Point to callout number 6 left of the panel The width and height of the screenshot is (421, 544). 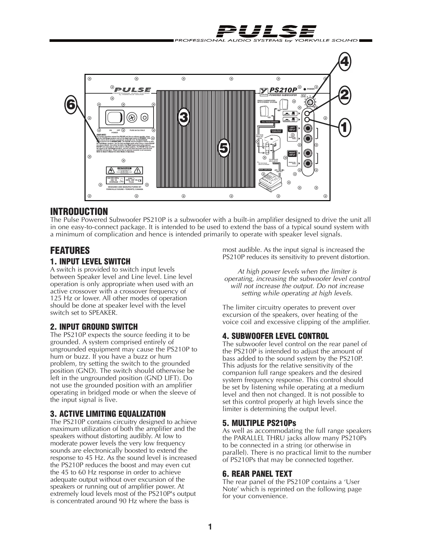pyautogui.click(x=70, y=105)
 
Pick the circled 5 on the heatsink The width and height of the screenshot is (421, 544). pyautogui.click(x=224, y=148)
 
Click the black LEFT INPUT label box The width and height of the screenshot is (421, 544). pyautogui.click(x=292, y=128)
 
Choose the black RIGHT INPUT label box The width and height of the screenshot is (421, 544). pyautogui.click(x=292, y=154)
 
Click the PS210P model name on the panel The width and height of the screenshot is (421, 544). pyautogui.click(x=283, y=90)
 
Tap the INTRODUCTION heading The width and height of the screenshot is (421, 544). pyautogui.click(x=79, y=211)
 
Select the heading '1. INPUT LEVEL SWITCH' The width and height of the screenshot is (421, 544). pyautogui.click(x=90, y=262)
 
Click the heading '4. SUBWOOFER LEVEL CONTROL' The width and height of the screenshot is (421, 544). pyautogui.click(x=275, y=336)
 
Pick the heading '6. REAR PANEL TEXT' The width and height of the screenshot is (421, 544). pyautogui.click(x=257, y=474)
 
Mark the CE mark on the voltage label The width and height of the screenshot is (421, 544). pyautogui.click(x=140, y=180)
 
